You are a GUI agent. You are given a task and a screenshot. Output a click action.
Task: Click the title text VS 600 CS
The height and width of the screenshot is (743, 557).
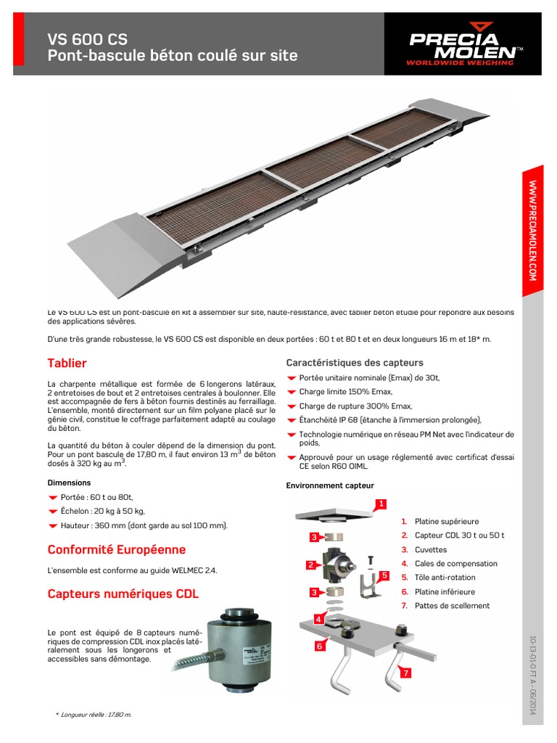(87, 38)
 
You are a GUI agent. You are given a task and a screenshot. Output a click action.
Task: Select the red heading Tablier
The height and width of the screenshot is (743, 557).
(67, 363)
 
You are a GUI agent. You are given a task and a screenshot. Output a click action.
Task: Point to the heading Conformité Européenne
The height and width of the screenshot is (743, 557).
(116, 550)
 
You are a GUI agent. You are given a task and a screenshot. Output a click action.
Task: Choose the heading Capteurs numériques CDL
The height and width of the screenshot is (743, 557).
(123, 594)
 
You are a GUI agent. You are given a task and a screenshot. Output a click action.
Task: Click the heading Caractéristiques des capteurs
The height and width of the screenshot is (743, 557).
(355, 363)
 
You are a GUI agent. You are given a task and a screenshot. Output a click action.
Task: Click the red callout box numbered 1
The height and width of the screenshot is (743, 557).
(381, 504)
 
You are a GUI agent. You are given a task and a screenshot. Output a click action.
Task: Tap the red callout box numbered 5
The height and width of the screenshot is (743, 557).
(384, 575)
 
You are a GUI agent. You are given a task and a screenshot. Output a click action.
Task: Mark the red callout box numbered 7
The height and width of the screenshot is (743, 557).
(406, 673)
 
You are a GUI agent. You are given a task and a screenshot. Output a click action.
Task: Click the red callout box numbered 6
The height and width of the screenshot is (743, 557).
(318, 645)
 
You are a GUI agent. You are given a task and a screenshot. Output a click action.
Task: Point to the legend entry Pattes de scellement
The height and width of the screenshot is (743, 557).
(451, 606)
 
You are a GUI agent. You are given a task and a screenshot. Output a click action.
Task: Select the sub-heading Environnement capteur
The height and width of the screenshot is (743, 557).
(330, 485)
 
